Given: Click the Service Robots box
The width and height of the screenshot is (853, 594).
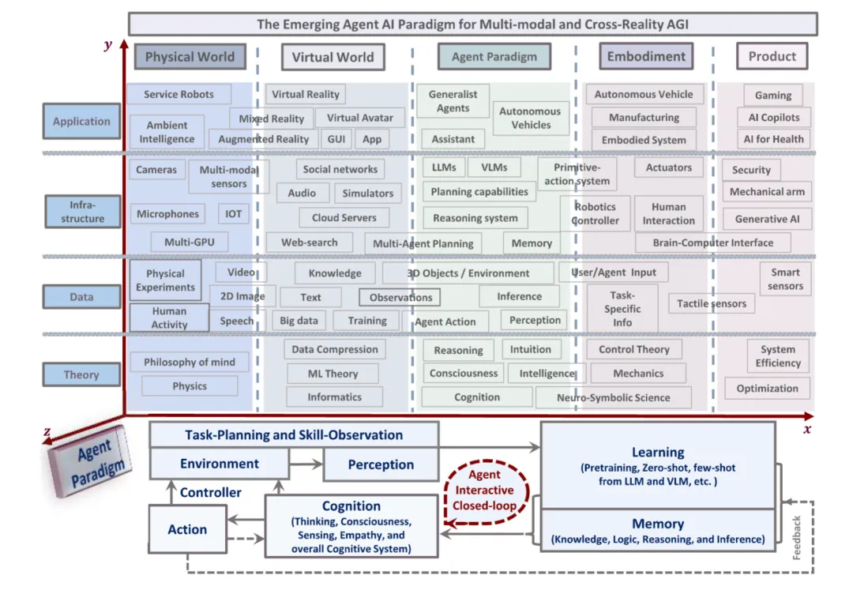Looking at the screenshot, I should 178,94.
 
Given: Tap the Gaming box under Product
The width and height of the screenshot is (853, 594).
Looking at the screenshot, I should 772,95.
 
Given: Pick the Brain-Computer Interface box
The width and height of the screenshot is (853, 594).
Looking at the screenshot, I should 713,242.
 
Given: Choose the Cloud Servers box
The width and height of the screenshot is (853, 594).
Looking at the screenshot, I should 344,217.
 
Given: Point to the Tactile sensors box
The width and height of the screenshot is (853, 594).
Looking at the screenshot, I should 711,303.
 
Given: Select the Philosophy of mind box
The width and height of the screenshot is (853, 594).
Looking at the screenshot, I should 189,362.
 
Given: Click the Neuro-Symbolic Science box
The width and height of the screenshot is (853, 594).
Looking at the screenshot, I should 613,397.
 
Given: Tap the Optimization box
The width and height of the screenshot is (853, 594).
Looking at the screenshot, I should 767,388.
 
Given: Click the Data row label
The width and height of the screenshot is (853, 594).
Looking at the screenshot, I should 81,297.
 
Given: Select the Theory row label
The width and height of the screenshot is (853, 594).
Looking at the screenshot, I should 81,374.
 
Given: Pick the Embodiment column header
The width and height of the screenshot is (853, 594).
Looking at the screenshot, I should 646,56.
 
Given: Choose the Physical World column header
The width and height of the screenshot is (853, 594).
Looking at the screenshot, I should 190,56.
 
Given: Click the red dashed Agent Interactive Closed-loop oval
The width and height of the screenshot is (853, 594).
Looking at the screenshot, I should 484,490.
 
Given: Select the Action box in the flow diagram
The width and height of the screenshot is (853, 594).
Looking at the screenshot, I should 187,529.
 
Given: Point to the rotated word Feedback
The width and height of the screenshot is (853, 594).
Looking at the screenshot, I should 797,538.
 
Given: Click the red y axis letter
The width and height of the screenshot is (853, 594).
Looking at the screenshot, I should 107,45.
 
